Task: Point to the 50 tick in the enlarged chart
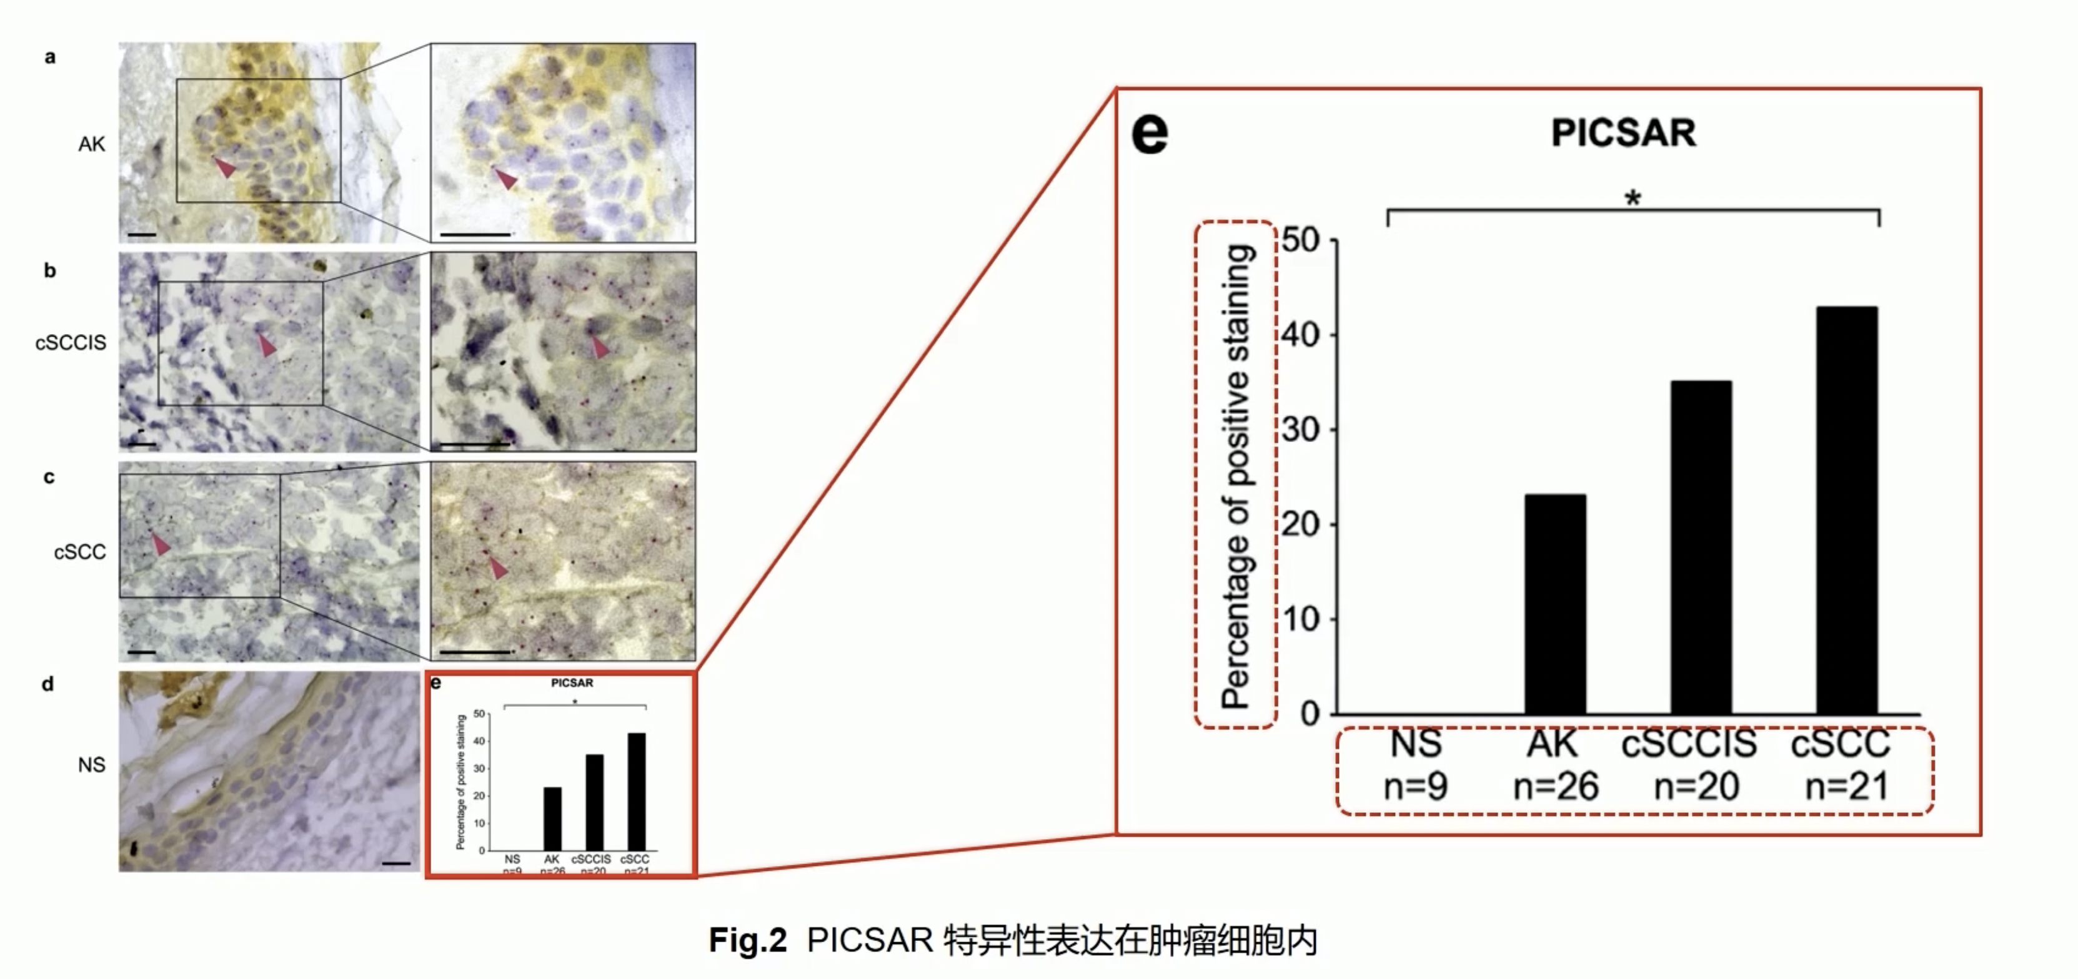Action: pyautogui.click(x=1300, y=240)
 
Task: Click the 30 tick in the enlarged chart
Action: pyautogui.click(x=1300, y=429)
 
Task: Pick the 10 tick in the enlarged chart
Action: pyautogui.click(x=1300, y=619)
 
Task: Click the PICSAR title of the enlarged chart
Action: pyautogui.click(x=1623, y=133)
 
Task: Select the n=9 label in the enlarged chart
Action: pyautogui.click(x=1416, y=786)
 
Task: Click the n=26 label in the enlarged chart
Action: pyautogui.click(x=1555, y=786)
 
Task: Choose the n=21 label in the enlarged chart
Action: pyautogui.click(x=1846, y=786)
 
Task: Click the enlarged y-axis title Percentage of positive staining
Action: pyautogui.click(x=1236, y=476)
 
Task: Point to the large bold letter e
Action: pyautogui.click(x=1150, y=135)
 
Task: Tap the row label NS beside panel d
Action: pyautogui.click(x=91, y=764)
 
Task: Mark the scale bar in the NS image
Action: pyautogui.click(x=396, y=863)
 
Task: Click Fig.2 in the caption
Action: pyautogui.click(x=747, y=940)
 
